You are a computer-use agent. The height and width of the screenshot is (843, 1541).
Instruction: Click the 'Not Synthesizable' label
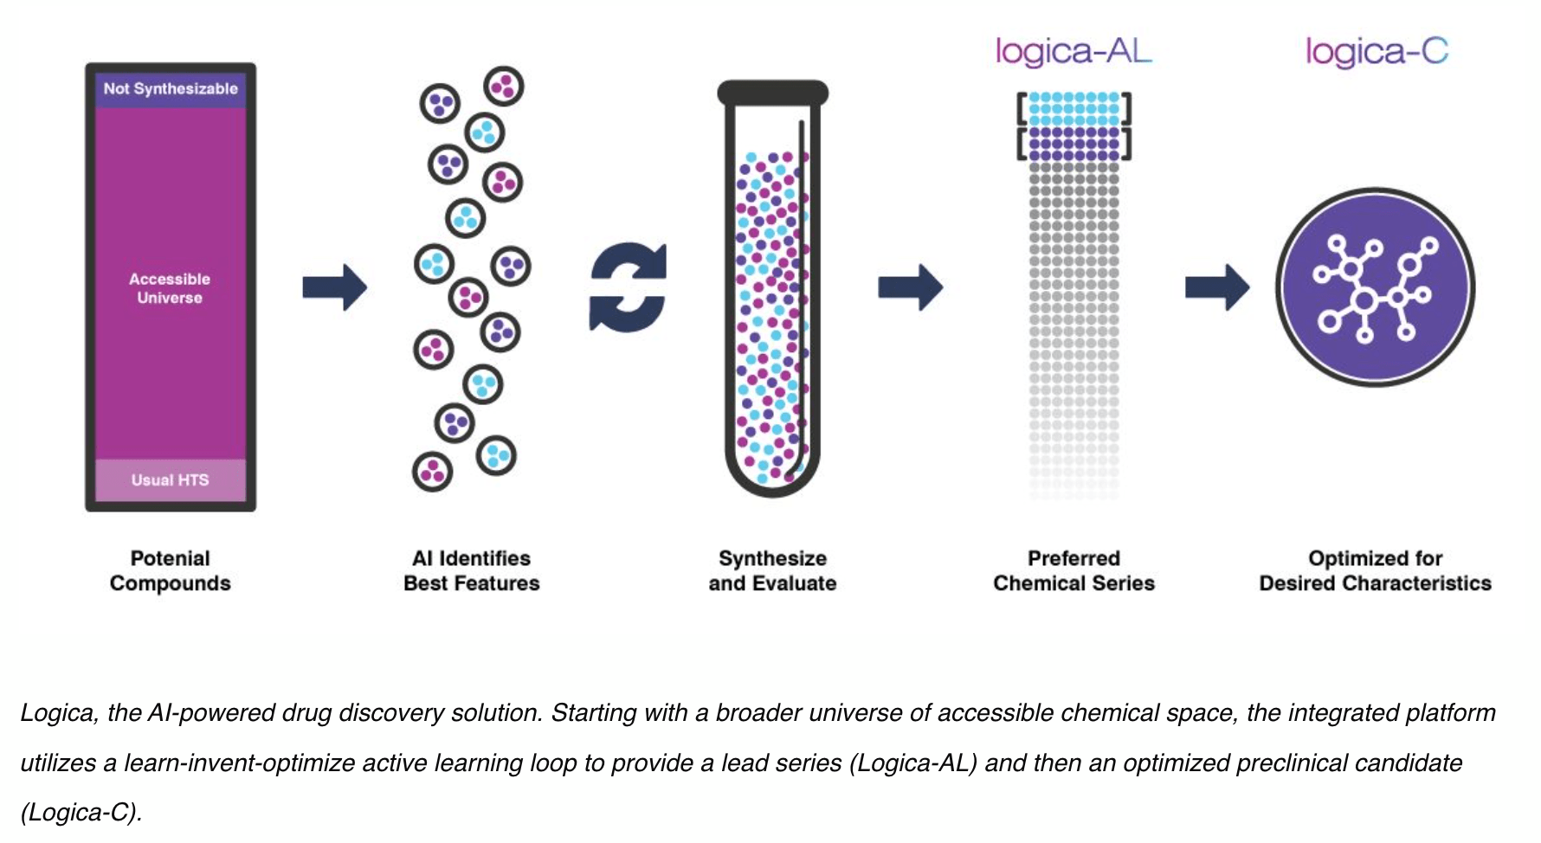coord(171,88)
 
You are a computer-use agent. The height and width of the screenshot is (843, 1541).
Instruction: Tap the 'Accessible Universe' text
coord(170,288)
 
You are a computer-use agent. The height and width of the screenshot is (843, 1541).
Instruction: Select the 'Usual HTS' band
coord(171,480)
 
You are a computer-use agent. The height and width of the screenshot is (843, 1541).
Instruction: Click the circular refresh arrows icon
coord(629,286)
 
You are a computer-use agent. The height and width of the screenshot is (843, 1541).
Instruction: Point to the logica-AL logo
coord(1074,51)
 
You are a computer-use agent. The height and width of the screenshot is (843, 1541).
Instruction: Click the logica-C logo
coord(1377,52)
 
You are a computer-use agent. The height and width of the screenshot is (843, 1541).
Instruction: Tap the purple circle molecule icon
coord(1375,287)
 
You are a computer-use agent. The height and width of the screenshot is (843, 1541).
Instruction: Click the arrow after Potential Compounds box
coord(335,286)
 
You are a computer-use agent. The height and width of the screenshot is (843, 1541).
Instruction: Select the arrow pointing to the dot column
coord(910,286)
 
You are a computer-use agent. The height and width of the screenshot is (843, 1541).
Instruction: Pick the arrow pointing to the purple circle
coord(1217,286)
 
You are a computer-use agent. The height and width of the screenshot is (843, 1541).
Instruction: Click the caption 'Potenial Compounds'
coord(171,570)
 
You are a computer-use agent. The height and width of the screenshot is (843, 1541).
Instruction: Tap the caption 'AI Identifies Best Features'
coord(472,570)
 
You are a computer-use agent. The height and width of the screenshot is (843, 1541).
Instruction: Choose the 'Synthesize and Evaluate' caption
coord(772,570)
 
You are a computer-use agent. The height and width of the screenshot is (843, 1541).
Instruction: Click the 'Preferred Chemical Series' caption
coord(1074,570)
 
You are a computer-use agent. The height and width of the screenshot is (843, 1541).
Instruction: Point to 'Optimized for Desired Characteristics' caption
coord(1375,570)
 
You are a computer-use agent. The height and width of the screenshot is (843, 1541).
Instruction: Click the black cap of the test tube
coord(773,93)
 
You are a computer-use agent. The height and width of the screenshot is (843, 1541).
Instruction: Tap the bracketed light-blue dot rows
coord(1074,109)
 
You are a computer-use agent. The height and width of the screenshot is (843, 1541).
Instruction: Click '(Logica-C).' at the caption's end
coord(81,813)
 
